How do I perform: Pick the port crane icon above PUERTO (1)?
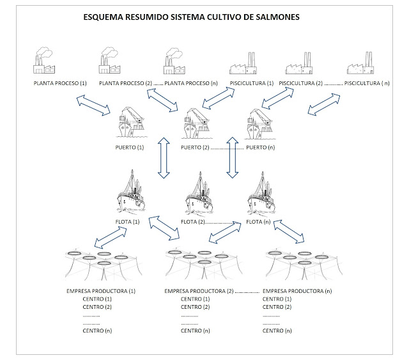133,123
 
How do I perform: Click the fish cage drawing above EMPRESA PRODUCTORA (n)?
298,259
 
